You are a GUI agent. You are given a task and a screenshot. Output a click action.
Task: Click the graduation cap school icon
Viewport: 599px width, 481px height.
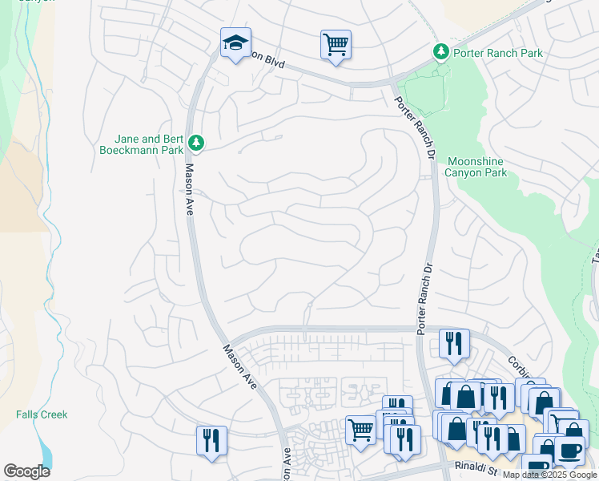pyautogui.click(x=235, y=44)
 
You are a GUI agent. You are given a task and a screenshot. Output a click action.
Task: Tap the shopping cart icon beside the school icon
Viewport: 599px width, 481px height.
pyautogui.click(x=336, y=44)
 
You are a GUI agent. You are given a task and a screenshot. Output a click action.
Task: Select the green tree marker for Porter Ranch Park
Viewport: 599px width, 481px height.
pyautogui.click(x=440, y=52)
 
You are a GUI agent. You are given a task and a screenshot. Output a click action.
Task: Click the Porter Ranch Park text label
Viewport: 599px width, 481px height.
pyautogui.click(x=497, y=53)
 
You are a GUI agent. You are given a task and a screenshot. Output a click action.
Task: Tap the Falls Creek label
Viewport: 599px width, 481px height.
pyautogui.click(x=42, y=414)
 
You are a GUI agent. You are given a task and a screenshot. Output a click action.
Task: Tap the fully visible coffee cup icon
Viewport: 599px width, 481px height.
pyautogui.click(x=569, y=451)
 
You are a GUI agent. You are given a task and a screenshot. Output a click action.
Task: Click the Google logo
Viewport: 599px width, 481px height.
pyautogui.click(x=26, y=471)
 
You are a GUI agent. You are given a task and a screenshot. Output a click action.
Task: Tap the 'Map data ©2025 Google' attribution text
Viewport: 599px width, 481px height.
pyautogui.click(x=549, y=475)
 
